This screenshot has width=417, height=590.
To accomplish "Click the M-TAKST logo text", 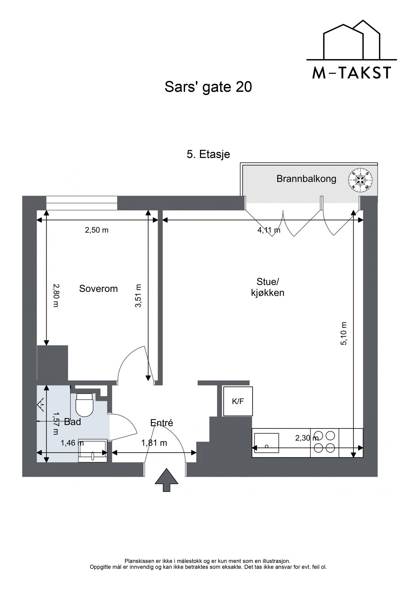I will tap(351, 73).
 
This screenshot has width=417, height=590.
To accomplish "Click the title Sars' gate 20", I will tap(208, 87).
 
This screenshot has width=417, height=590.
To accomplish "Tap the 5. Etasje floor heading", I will tap(208, 154).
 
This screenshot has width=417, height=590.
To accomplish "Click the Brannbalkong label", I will tap(306, 179).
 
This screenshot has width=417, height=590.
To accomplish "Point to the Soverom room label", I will tap(98, 289).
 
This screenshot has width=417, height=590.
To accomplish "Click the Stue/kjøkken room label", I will tap(267, 287).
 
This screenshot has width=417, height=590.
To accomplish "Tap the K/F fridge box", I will tap(238, 402).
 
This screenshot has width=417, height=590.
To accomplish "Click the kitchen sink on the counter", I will tap(266, 443).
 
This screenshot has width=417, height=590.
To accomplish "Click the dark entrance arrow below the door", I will tap(167, 480).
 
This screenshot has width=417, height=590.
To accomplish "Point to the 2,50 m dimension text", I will tap(96, 230).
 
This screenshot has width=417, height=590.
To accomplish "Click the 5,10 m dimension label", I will tap(344, 334).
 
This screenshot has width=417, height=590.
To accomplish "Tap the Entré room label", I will tap(162, 423).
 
